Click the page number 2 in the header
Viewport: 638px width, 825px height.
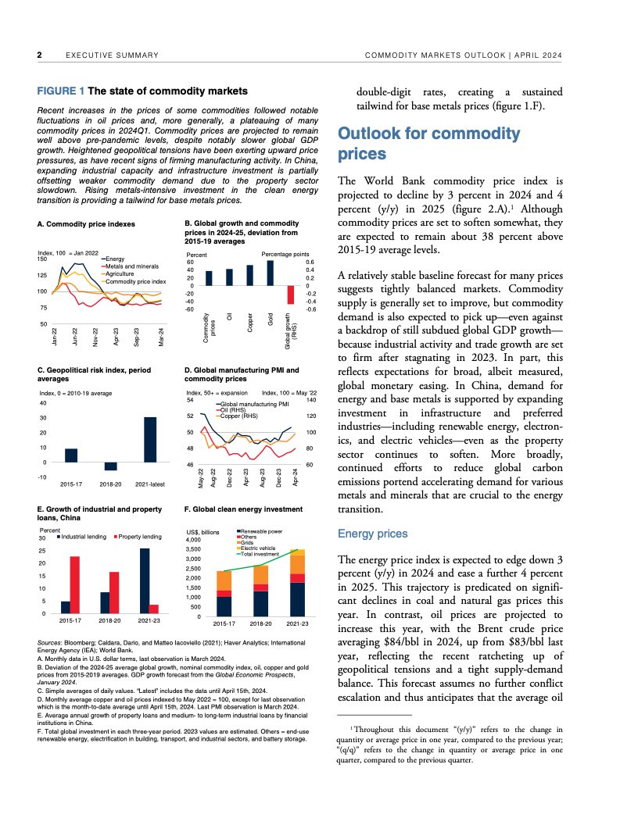click(39, 55)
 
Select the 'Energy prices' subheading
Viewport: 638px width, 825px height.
click(372, 534)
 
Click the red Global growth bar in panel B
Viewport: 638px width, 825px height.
click(292, 295)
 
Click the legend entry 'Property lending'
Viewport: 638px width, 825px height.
click(141, 537)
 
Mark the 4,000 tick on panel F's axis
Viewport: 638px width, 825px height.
click(192, 540)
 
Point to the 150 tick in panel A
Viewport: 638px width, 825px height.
click(42, 259)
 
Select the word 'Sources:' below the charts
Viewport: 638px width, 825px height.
click(51, 641)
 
